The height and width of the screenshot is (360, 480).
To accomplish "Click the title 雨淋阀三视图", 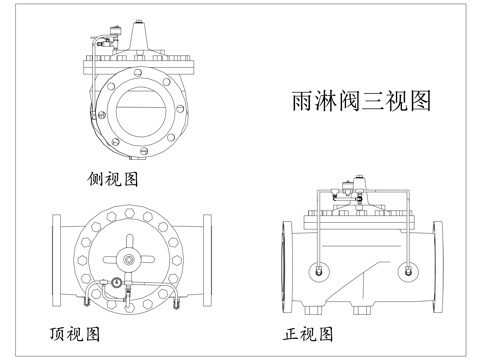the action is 361,101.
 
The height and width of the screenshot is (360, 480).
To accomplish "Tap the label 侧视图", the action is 112,179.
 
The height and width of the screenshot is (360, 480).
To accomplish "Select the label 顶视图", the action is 75,334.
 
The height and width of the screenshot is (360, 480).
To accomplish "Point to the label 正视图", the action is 308,334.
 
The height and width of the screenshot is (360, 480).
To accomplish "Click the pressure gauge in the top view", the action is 116,283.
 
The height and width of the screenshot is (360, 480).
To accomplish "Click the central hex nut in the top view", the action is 128,260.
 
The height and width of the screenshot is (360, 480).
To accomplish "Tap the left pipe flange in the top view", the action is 56,260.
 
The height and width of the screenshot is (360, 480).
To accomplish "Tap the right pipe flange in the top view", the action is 207,260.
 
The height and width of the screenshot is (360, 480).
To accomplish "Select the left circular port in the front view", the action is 319,271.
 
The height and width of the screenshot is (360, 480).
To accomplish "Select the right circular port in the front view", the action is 408,271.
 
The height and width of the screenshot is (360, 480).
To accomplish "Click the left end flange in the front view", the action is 287,267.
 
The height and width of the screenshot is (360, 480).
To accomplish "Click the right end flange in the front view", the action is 438,267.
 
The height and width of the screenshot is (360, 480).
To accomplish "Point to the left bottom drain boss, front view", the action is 313,311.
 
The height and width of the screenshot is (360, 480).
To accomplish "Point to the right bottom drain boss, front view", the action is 362,311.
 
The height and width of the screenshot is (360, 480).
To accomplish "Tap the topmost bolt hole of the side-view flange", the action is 138,72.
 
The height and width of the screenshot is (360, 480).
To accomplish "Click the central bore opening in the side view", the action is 141,108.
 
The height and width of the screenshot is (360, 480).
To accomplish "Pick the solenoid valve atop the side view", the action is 116,31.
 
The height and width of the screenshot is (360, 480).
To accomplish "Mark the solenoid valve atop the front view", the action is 348,186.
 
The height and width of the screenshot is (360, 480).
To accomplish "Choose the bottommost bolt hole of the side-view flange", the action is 144,151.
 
